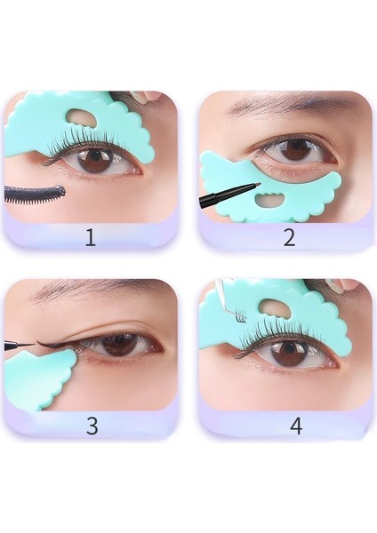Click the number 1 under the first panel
click(x=90, y=237)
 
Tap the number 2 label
click(x=289, y=237)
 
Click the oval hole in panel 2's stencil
click(x=280, y=206)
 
